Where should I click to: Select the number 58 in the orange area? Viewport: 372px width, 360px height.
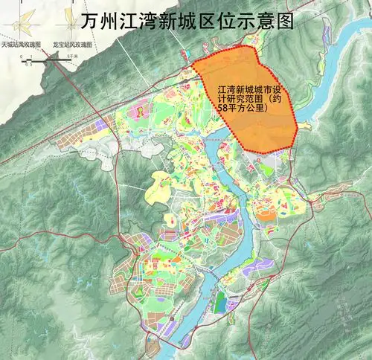tap(221, 109)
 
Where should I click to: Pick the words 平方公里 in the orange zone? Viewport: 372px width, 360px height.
tap(242, 109)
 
